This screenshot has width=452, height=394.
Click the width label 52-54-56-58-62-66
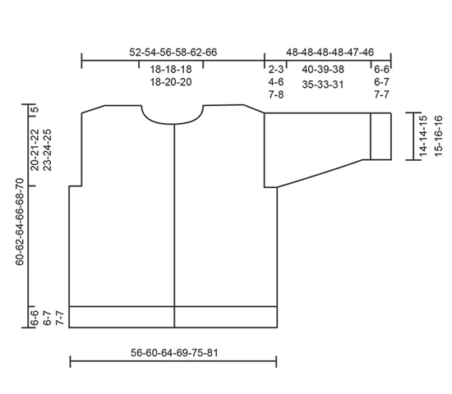173,52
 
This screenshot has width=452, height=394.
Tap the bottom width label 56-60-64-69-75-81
173,353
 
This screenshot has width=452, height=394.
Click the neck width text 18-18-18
171,70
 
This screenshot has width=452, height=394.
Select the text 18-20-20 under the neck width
171,82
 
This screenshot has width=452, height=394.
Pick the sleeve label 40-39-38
323,70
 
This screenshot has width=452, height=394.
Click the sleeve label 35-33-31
323,83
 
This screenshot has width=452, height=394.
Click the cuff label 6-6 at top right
381,70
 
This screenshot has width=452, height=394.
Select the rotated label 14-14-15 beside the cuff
422,136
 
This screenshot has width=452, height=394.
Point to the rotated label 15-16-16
437,136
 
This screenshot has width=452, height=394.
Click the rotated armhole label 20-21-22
35,149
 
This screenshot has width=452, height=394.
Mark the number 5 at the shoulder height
35,109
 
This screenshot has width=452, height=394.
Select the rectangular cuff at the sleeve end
381,135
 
